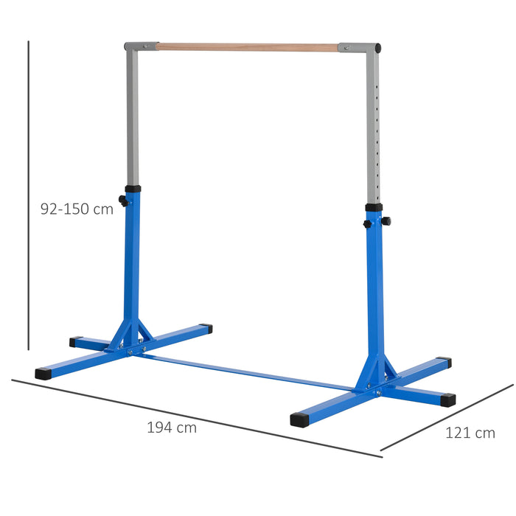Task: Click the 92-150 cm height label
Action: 77,209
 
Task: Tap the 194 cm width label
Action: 172,427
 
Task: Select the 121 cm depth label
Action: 470,433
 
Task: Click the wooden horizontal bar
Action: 247,47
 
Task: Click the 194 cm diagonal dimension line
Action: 195,418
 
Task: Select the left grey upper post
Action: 132,118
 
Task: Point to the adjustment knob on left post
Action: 122,200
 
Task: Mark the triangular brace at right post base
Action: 376,372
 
